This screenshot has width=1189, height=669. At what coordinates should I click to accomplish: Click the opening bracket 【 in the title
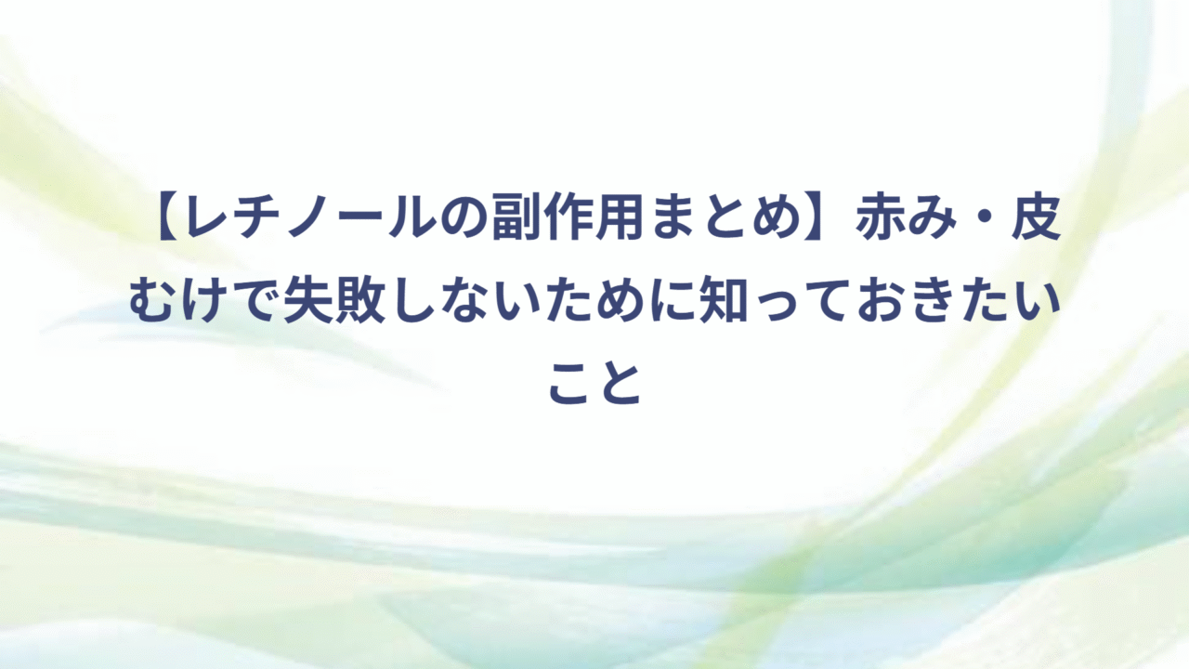point(168,217)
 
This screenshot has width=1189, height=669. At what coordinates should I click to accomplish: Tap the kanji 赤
point(880,217)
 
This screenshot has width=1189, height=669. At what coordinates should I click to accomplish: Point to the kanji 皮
point(1036,217)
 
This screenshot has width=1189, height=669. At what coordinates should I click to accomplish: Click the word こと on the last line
point(595,385)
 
